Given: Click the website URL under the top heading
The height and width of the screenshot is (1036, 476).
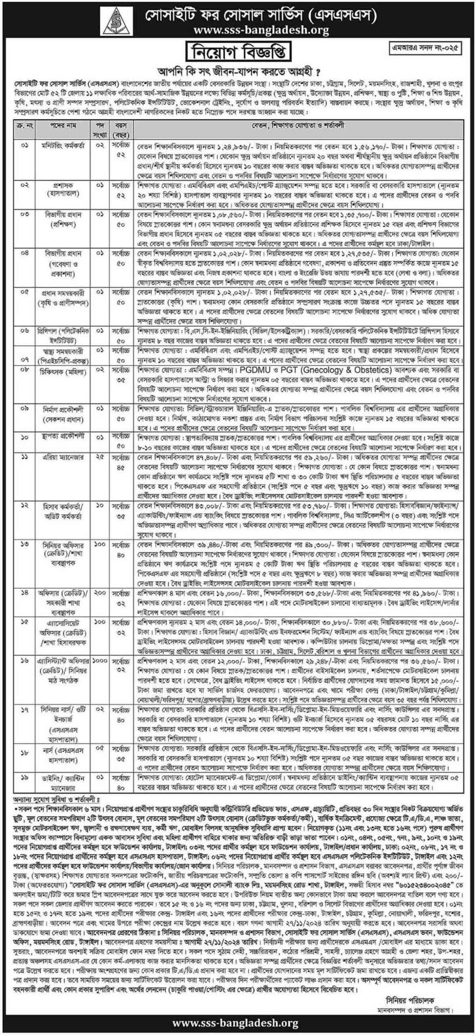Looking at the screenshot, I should (262, 30).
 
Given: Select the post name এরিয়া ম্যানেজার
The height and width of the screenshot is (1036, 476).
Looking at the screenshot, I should (63, 458).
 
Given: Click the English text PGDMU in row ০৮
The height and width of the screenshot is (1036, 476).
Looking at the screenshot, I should (254, 370).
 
